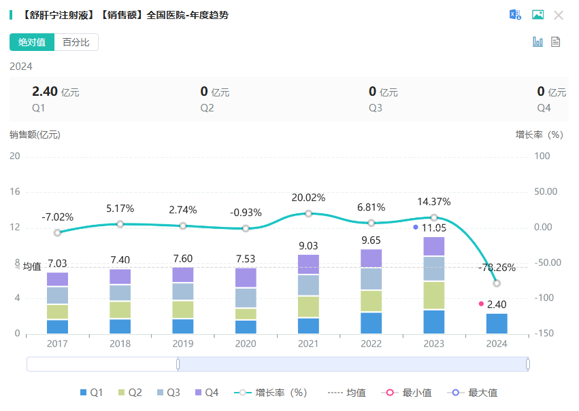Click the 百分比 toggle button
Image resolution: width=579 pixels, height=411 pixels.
(76, 42)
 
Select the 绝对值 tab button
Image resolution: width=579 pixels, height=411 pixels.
(32, 42)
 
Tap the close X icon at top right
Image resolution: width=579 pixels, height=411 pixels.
(559, 15)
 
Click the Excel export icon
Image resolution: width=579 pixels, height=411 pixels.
(516, 15)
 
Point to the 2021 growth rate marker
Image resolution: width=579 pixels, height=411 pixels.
(308, 213)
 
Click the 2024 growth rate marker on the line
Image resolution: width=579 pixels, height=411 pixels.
(497, 283)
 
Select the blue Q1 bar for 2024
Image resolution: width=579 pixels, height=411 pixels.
(497, 323)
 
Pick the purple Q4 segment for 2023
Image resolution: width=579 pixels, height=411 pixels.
(434, 246)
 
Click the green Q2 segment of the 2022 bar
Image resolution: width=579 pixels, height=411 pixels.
(371, 301)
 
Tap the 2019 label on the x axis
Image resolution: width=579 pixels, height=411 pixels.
(183, 344)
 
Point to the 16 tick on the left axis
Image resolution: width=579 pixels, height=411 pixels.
(15, 192)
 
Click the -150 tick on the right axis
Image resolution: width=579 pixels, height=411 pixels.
(542, 334)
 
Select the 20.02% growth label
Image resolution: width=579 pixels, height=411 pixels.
(308, 198)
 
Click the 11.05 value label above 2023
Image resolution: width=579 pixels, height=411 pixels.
(434, 228)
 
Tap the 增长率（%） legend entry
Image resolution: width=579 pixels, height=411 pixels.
(271, 393)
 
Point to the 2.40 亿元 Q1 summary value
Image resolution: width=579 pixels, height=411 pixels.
(55, 92)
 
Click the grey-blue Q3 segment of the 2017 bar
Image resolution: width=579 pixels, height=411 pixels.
(58, 296)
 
